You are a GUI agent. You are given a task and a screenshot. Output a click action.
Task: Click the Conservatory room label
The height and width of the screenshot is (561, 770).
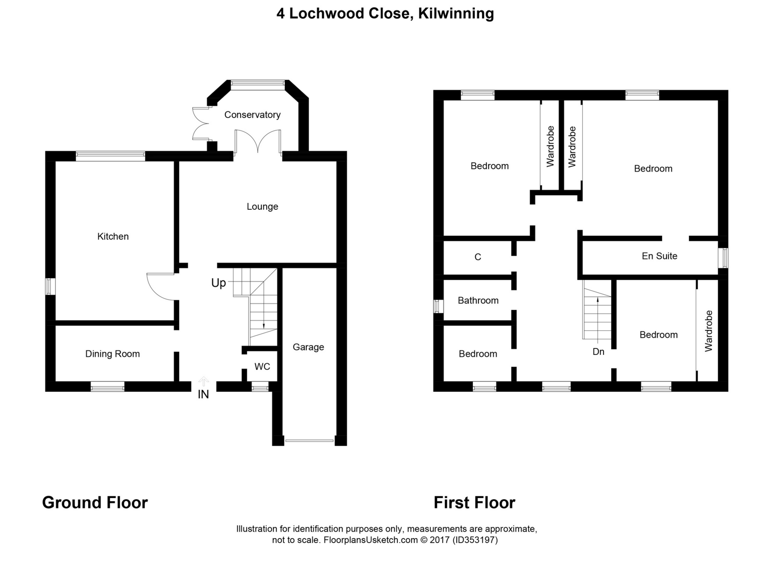tap(252, 115)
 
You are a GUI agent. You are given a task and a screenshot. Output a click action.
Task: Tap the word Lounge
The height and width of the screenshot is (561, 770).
tap(262, 207)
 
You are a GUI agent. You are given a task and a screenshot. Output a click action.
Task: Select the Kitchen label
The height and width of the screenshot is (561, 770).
tap(113, 237)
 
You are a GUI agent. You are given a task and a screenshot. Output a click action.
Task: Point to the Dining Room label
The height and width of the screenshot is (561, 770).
tap(113, 354)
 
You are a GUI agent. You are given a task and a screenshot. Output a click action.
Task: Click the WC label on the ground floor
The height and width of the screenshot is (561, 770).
tap(262, 367)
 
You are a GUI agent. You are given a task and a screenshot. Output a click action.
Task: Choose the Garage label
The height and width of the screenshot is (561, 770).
tap(308, 347)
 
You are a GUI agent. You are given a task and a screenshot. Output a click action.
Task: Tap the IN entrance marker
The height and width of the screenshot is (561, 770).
tap(203, 395)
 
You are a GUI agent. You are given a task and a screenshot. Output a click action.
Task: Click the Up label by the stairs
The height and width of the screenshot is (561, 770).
tap(219, 283)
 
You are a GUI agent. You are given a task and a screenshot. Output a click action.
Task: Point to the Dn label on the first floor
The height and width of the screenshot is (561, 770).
tap(598, 352)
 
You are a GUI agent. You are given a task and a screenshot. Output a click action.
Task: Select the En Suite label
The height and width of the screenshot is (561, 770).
tap(660, 256)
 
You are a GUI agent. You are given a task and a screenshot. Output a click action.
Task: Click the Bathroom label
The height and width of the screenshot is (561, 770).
tap(478, 300)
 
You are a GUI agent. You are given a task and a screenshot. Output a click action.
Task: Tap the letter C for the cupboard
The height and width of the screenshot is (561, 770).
tap(478, 257)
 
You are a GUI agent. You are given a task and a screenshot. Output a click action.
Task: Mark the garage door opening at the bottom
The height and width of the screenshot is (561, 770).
tap(309, 441)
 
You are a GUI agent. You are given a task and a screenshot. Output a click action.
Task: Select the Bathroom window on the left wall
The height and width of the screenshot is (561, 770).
tap(438, 307)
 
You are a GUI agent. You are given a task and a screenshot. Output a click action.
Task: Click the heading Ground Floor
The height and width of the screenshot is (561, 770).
tap(95, 502)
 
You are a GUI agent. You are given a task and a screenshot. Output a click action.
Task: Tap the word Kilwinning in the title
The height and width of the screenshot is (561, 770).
tap(456, 14)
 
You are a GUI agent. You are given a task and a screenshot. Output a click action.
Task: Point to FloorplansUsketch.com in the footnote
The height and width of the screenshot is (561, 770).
tap(371, 540)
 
